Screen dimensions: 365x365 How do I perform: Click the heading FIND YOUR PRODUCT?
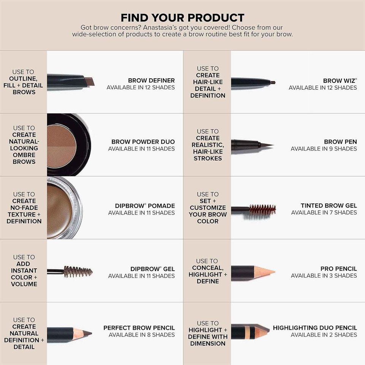pos(182,17)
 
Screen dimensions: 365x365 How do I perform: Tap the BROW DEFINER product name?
pos(151,80)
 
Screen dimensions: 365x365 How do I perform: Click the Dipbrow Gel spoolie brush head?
pos(78,271)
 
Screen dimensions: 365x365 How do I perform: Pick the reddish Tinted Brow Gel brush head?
pos(262,209)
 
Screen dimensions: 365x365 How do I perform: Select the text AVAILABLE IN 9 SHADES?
pos(324,149)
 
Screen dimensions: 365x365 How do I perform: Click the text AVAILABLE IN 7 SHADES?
pos(324,213)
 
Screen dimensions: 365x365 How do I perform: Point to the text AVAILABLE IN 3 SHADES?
pos(324,276)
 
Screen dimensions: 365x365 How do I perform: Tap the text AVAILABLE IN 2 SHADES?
pos(324,335)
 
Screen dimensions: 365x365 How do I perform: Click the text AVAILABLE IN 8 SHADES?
pos(142,335)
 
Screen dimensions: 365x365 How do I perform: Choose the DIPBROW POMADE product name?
pos(145,206)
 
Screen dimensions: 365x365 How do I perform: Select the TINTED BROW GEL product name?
pos(329,205)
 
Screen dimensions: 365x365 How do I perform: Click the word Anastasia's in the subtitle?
pos(173,28)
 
